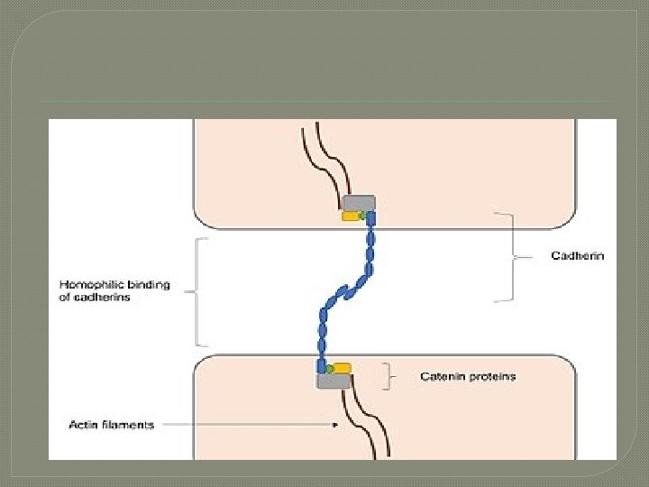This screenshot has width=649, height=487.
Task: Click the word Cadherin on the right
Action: (x=578, y=256)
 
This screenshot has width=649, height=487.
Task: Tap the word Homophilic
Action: (x=91, y=285)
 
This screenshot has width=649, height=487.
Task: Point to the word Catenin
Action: (x=443, y=376)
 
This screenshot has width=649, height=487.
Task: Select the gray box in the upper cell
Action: (x=359, y=203)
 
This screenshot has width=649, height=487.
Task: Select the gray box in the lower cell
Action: (x=334, y=381)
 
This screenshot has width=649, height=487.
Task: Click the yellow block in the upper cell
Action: (x=349, y=216)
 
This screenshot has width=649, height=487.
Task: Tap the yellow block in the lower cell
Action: (x=343, y=368)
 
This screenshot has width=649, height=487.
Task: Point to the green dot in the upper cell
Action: (x=362, y=216)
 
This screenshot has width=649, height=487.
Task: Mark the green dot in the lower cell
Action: (x=330, y=368)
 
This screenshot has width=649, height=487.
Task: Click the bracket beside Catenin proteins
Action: (x=388, y=376)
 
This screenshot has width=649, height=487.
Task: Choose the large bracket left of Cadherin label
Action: (x=511, y=257)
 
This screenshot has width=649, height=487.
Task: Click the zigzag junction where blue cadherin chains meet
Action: (x=344, y=291)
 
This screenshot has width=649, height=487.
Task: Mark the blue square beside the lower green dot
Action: (x=320, y=366)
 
